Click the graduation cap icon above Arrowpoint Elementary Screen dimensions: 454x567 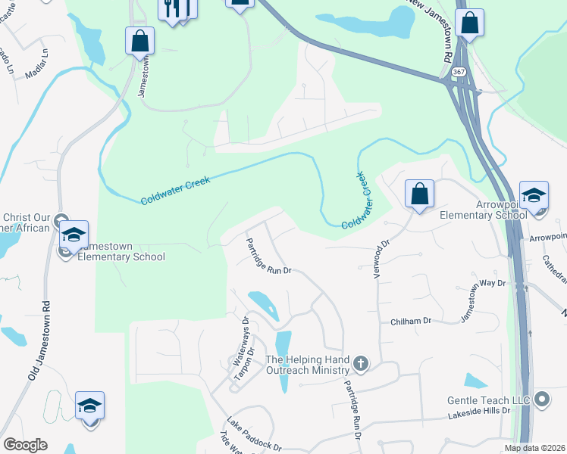[x=534, y=195]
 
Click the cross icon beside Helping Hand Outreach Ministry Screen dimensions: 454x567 [x=361, y=364]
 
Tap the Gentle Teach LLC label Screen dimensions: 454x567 [x=489, y=399]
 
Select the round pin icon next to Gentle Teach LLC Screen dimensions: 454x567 [x=541, y=399]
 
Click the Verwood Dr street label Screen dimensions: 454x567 [x=380, y=259]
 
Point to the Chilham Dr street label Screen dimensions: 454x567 [x=410, y=321]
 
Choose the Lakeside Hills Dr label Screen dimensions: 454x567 [x=479, y=416]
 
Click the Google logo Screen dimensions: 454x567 [x=25, y=445]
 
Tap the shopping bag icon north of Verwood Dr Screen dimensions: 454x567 [x=418, y=194]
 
